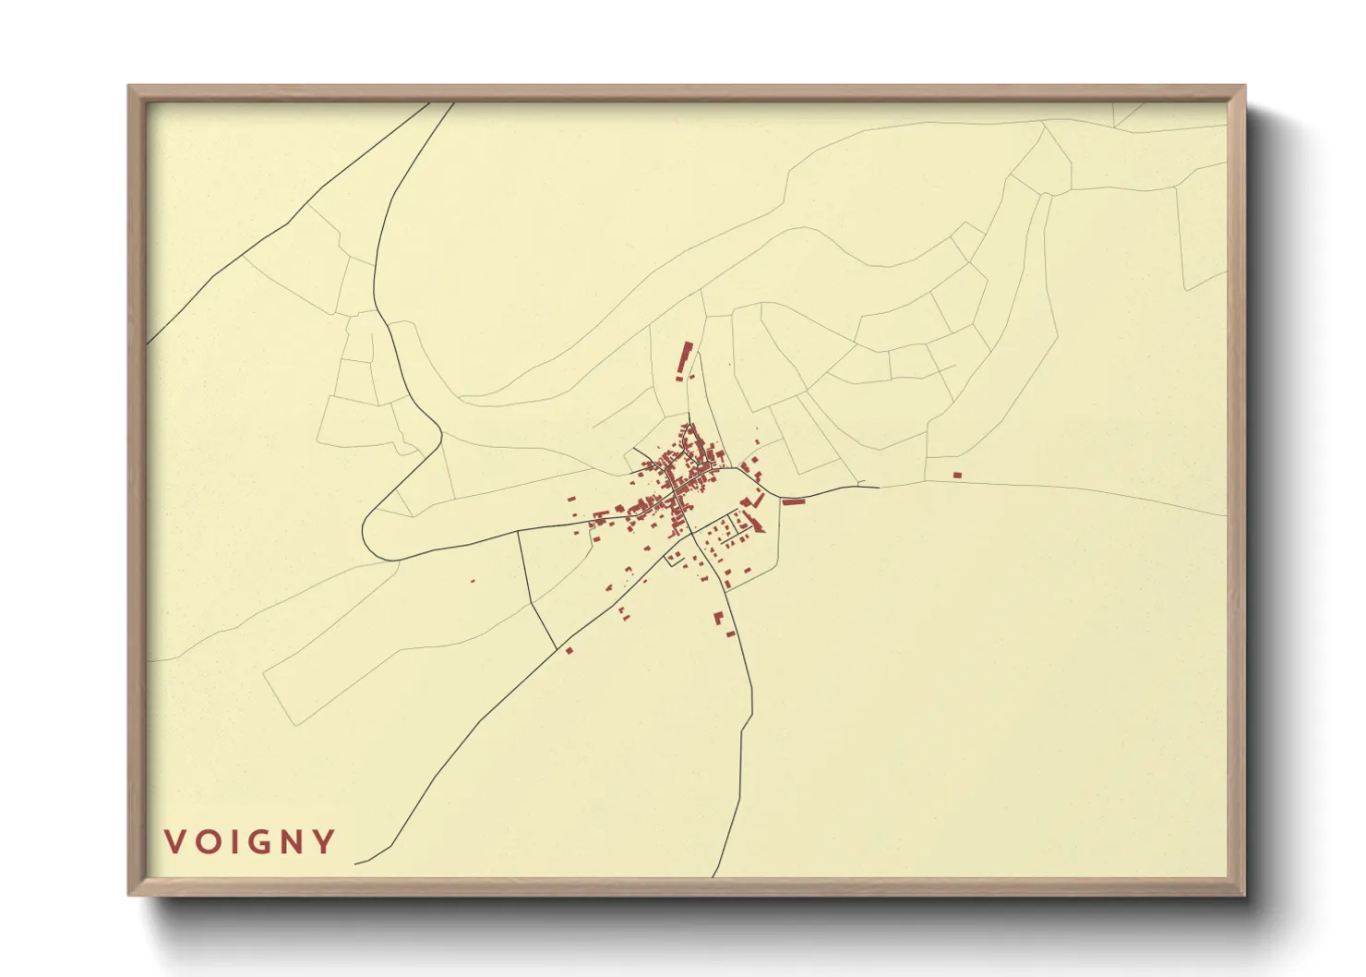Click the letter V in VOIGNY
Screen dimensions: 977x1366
point(174,842)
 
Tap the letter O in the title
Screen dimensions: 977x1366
point(206,842)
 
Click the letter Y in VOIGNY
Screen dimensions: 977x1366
point(323,842)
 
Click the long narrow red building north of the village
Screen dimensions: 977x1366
point(685,357)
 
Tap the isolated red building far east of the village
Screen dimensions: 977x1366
point(957,475)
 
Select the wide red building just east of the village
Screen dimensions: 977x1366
point(794,501)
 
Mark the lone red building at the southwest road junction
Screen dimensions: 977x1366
point(569,651)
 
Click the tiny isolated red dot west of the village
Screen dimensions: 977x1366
point(473,581)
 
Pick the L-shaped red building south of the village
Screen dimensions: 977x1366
point(718,618)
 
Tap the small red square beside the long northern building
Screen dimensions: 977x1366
point(680,378)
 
